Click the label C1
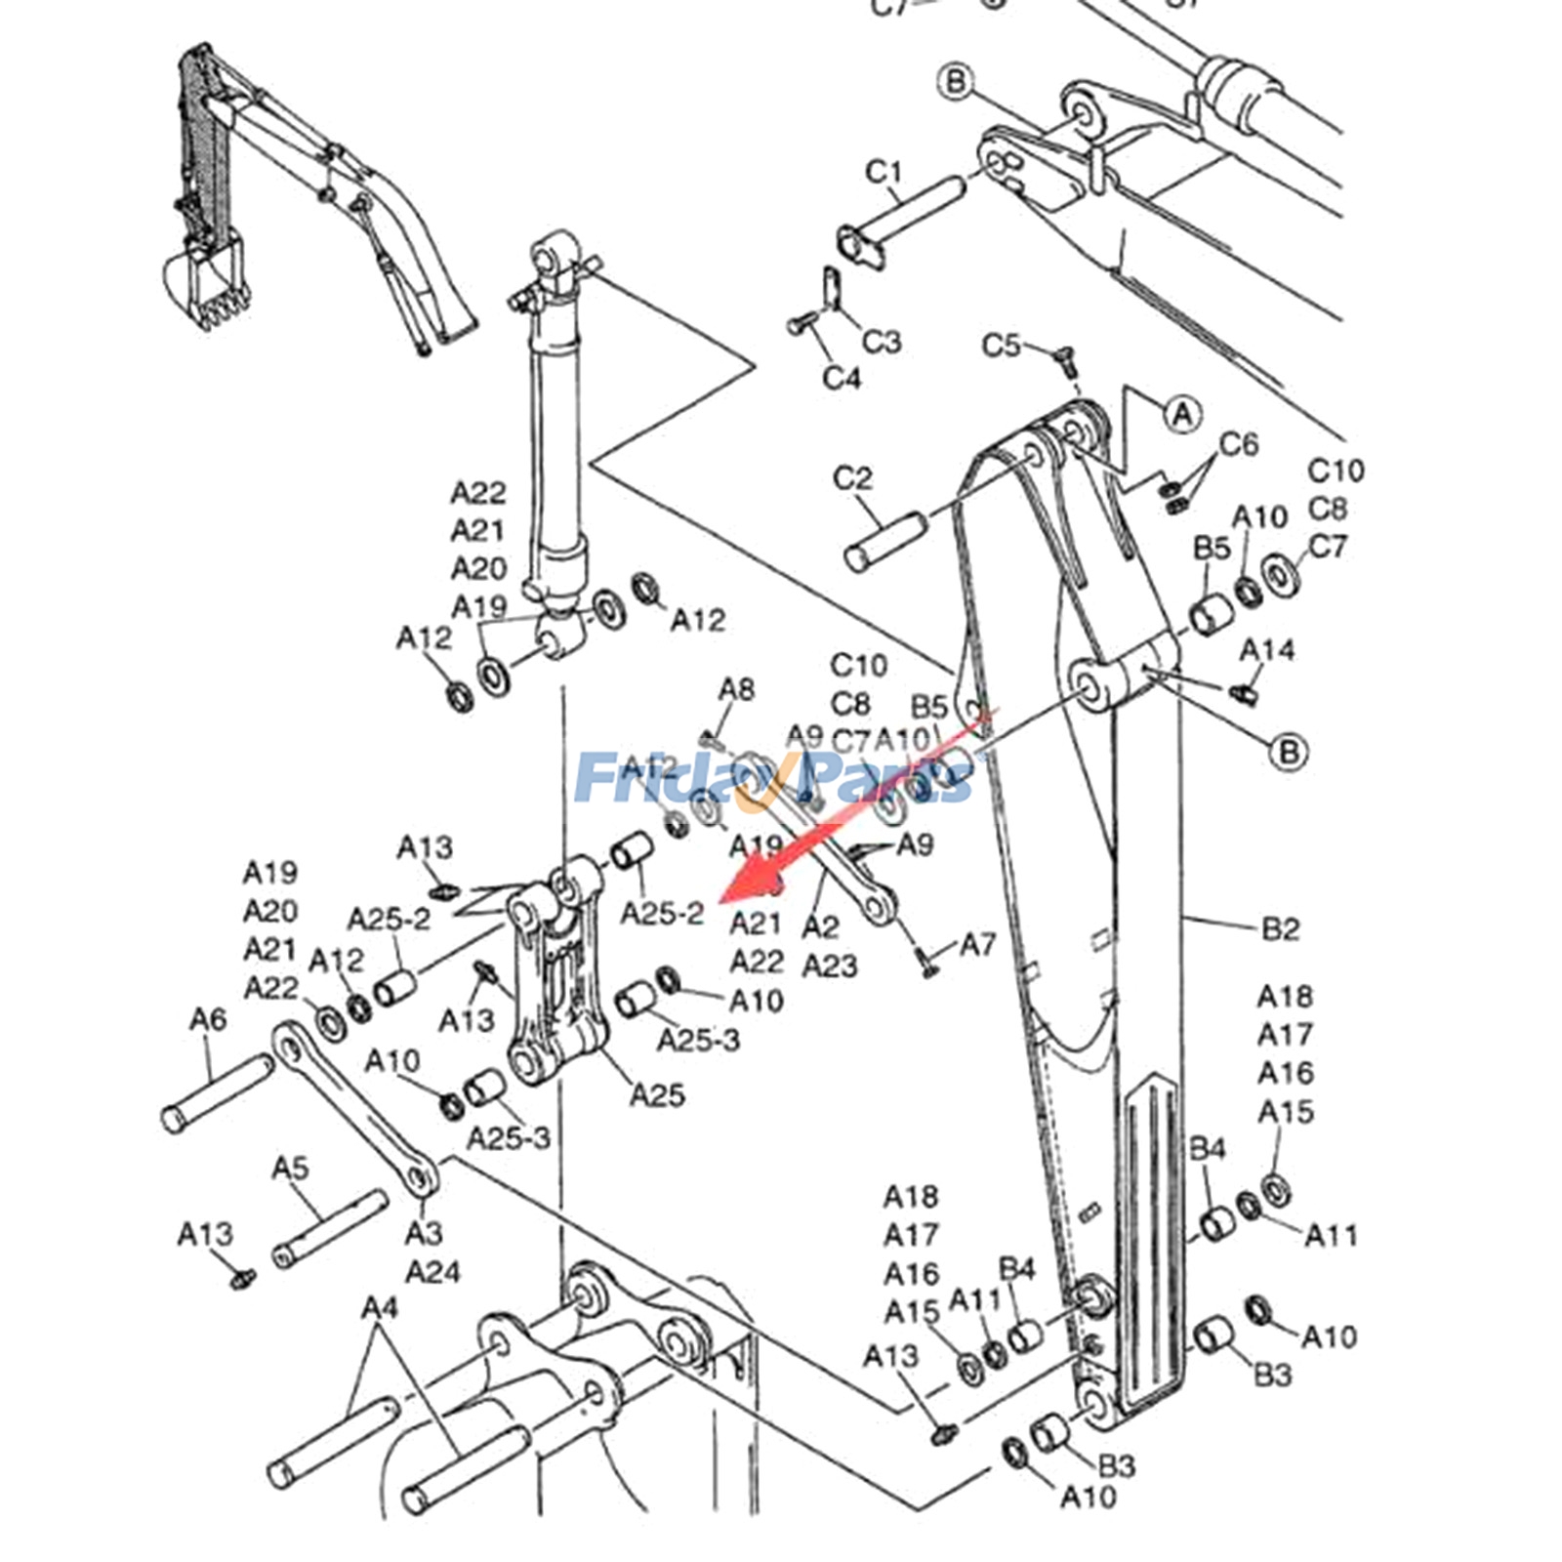(884, 173)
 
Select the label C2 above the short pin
(852, 479)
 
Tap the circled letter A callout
(1182, 414)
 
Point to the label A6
(207, 1020)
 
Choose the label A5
(290, 1168)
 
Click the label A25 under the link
(657, 1095)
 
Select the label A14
(1267, 650)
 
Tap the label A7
(977, 944)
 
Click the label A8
(737, 690)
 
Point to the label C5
(1001, 346)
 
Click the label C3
(882, 342)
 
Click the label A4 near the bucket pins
(380, 1307)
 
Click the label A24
(432, 1272)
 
